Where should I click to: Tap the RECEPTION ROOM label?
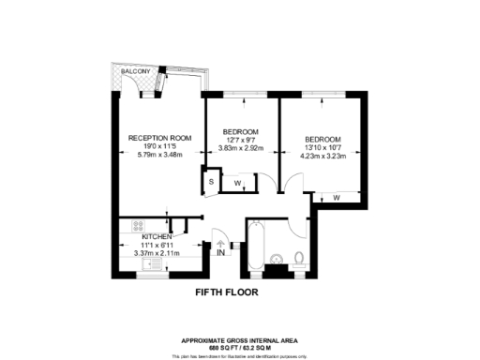(x=159, y=138)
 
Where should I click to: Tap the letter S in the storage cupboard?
(x=212, y=180)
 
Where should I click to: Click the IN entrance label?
(x=220, y=252)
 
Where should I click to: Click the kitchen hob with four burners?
(x=137, y=225)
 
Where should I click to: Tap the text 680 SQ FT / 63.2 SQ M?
(x=239, y=346)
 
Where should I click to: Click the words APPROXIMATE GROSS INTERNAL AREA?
(x=239, y=339)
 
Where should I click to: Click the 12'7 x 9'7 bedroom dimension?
(x=240, y=139)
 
